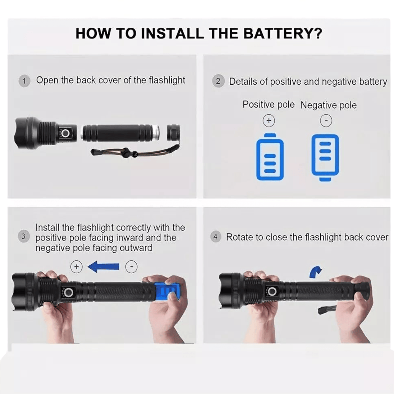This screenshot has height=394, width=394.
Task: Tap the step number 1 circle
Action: click(24, 81)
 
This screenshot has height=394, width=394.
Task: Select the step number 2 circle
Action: click(218, 81)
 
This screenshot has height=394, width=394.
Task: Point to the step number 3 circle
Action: click(23, 237)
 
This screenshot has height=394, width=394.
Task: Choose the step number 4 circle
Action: click(215, 237)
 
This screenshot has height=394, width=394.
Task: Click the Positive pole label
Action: click(269, 104)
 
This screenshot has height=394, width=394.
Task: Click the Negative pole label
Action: click(329, 105)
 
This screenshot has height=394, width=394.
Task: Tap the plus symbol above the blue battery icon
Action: click(269, 121)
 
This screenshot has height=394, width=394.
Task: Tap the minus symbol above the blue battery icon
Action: click(326, 121)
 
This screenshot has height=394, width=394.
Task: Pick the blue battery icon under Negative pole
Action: click(325, 157)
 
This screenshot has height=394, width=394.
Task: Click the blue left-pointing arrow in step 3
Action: click(103, 267)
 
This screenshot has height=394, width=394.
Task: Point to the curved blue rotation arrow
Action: click(315, 272)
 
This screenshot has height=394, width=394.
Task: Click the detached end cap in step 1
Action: click(173, 132)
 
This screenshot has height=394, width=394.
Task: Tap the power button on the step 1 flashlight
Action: click(66, 133)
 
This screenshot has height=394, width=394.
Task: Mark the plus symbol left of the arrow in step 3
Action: click(77, 267)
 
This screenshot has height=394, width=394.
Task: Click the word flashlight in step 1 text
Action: click(167, 80)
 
